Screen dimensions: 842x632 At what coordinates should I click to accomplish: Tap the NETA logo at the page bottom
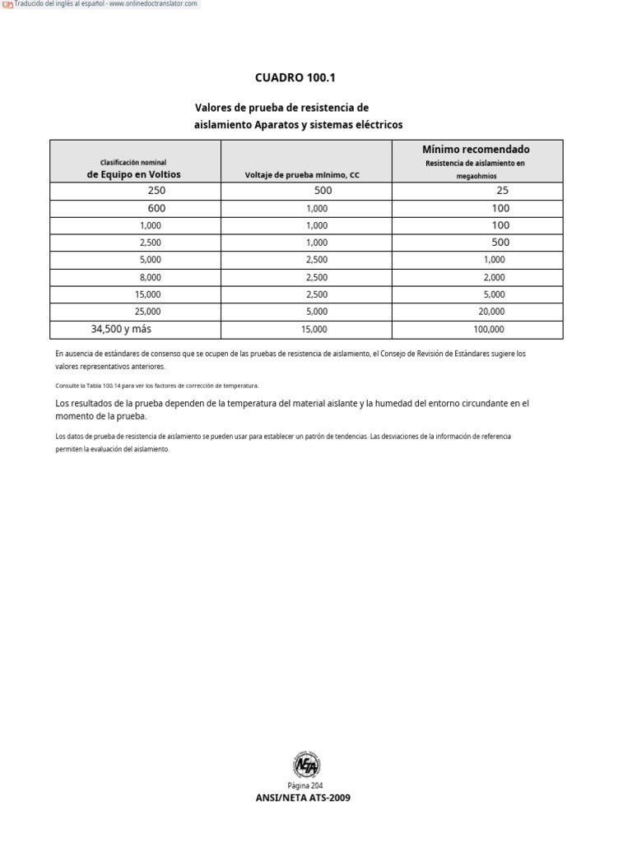coord(306,765)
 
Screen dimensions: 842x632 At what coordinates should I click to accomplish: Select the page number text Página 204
coord(306,785)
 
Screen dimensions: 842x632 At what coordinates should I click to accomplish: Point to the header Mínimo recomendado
coord(476,150)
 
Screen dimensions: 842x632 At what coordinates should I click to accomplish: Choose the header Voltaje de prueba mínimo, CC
coord(303,175)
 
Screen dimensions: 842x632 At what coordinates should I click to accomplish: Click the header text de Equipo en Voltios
coord(133,174)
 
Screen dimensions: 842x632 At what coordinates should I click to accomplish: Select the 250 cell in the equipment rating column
coord(156,191)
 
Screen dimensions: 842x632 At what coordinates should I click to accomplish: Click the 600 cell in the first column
coord(156,208)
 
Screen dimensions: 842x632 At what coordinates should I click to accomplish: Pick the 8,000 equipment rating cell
coord(151,277)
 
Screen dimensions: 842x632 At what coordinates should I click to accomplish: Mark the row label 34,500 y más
coord(121,329)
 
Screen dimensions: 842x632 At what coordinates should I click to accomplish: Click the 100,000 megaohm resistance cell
coord(489,329)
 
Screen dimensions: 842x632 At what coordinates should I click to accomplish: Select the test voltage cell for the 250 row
coord(323,191)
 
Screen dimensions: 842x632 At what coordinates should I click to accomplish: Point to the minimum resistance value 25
coord(503,191)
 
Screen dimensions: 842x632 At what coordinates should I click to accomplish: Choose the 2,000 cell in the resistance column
coord(494,277)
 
